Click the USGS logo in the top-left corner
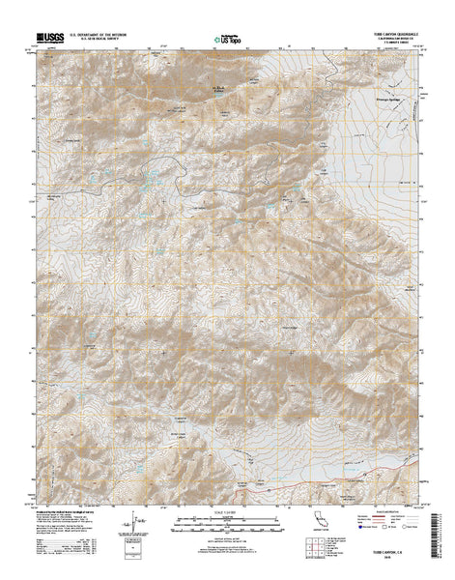pos(50,37)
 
